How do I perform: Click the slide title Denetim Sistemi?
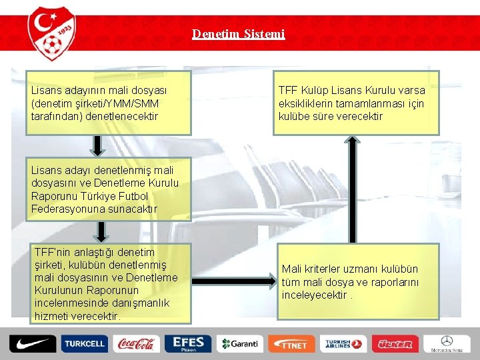pos(238,33)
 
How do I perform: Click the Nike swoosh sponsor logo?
pos(32,343)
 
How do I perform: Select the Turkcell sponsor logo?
pos(84,344)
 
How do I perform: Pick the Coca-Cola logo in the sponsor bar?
pos(136,344)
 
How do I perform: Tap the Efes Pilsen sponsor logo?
pos(188,343)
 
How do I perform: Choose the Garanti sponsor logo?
pos(240,344)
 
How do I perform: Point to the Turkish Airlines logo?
pos(343,344)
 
